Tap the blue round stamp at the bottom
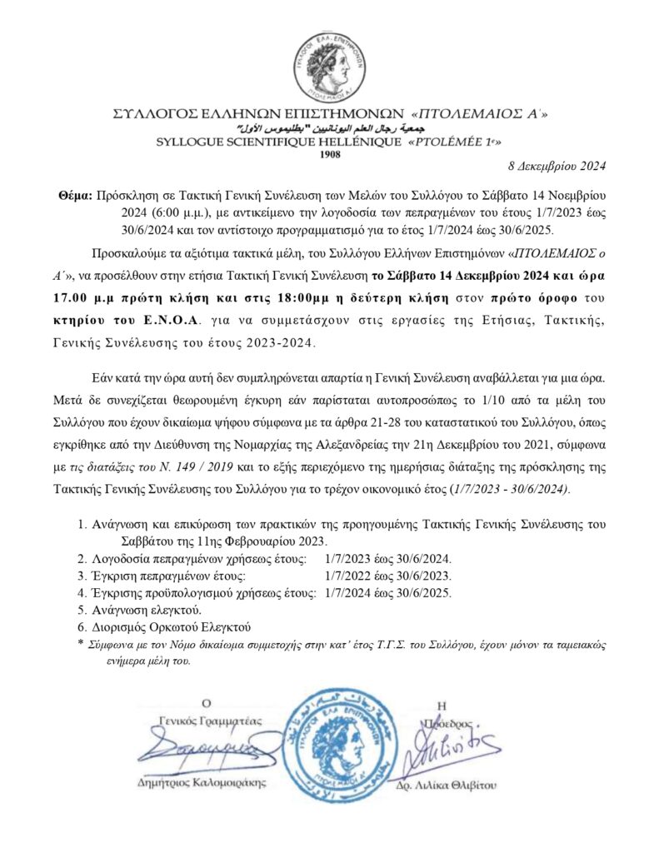330,743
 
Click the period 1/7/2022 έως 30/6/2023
388,576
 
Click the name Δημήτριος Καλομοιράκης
204,782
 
